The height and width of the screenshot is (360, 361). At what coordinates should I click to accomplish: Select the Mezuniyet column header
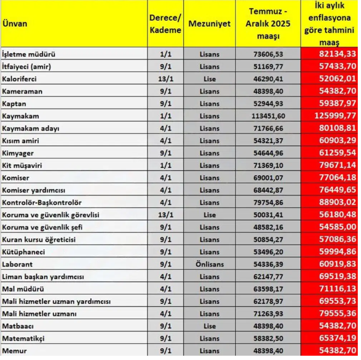coord(210,24)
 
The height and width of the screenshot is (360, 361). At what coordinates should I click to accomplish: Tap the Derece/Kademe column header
coord(165,24)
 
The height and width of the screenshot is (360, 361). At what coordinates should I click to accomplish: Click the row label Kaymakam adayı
coord(31,128)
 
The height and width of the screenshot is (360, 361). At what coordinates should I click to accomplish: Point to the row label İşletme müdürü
coord(29,54)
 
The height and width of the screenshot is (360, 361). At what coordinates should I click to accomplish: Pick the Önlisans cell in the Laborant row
coord(209,264)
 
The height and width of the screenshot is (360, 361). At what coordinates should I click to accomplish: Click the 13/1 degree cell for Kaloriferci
coord(165,79)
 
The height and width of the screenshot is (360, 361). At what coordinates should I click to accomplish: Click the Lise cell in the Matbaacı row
coord(209,326)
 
